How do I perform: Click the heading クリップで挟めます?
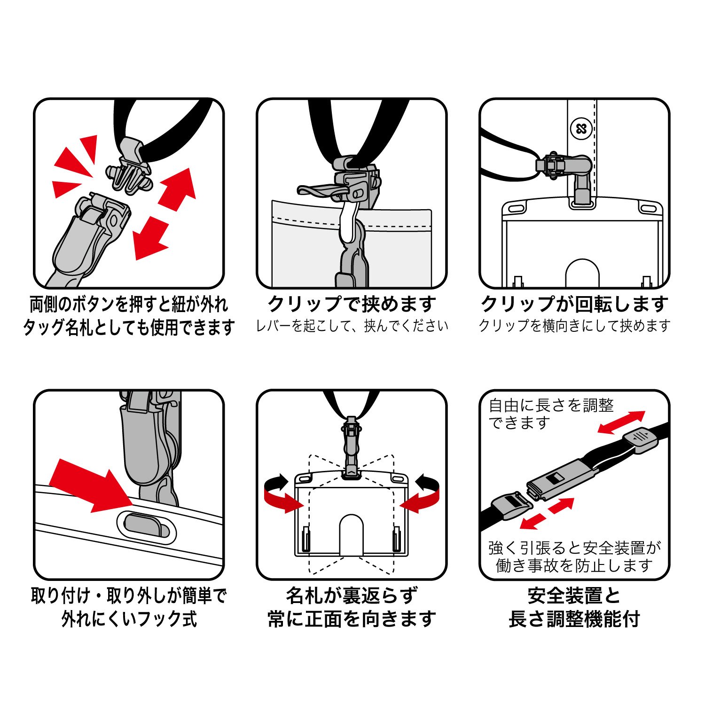352,304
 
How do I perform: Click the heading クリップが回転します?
574,304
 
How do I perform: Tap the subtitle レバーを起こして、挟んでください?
352,326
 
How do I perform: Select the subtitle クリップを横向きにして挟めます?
574,326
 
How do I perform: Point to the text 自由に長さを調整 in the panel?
551,405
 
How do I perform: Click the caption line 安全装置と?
574,596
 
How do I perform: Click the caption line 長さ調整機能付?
574,619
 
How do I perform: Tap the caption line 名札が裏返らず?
352,596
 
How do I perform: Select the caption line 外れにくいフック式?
129,619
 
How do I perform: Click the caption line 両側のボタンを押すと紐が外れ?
129,304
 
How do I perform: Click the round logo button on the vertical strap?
581,128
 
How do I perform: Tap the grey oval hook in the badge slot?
147,525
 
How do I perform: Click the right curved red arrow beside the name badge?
421,494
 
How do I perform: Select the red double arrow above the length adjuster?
621,423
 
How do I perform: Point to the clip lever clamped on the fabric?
324,190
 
